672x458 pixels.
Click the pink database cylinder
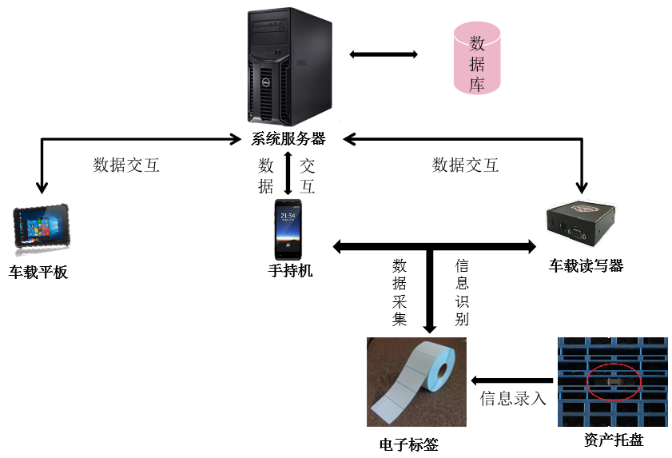[x=477, y=58]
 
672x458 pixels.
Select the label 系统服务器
[x=288, y=139]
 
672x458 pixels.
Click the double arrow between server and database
[x=384, y=54]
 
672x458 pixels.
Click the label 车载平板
[x=38, y=273]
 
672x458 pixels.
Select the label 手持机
[x=290, y=271]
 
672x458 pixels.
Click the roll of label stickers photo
[x=416, y=381]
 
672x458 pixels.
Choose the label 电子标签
[x=408, y=444]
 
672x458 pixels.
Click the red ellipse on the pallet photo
[x=613, y=383]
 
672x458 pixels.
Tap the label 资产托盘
[x=614, y=440]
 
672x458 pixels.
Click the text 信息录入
[x=513, y=398]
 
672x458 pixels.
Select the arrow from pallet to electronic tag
[x=512, y=380]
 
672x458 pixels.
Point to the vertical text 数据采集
[x=400, y=292]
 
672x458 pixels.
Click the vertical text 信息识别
[x=462, y=292]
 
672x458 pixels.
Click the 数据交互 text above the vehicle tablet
[x=126, y=165]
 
